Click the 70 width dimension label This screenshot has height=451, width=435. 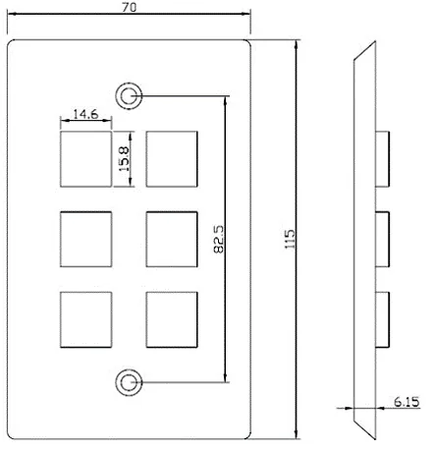tap(130, 7)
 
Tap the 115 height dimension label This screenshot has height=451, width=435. tap(290, 239)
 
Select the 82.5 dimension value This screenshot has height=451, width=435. tap(219, 239)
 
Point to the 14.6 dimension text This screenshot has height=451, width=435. tap(85, 114)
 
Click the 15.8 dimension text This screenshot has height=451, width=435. tap(124, 159)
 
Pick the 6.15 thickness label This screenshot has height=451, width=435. tap(407, 402)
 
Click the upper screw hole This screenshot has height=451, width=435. tap(129, 96)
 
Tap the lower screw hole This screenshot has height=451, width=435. tap(129, 382)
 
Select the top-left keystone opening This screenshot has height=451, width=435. tap(86, 159)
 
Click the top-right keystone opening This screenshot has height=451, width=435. tap(172, 159)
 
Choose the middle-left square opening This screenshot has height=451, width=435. tap(86, 239)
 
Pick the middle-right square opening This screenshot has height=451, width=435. tap(172, 239)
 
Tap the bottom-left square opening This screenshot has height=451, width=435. tap(86, 319)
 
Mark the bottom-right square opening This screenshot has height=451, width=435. tap(172, 319)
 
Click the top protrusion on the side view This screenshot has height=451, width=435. tap(382, 159)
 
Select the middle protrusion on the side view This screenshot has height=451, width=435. tap(382, 239)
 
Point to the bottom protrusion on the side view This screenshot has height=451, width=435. tap(382, 319)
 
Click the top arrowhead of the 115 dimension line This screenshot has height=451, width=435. tap(297, 45)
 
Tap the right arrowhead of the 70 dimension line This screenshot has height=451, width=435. tap(245, 14)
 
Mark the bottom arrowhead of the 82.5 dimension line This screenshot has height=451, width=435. tap(225, 377)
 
